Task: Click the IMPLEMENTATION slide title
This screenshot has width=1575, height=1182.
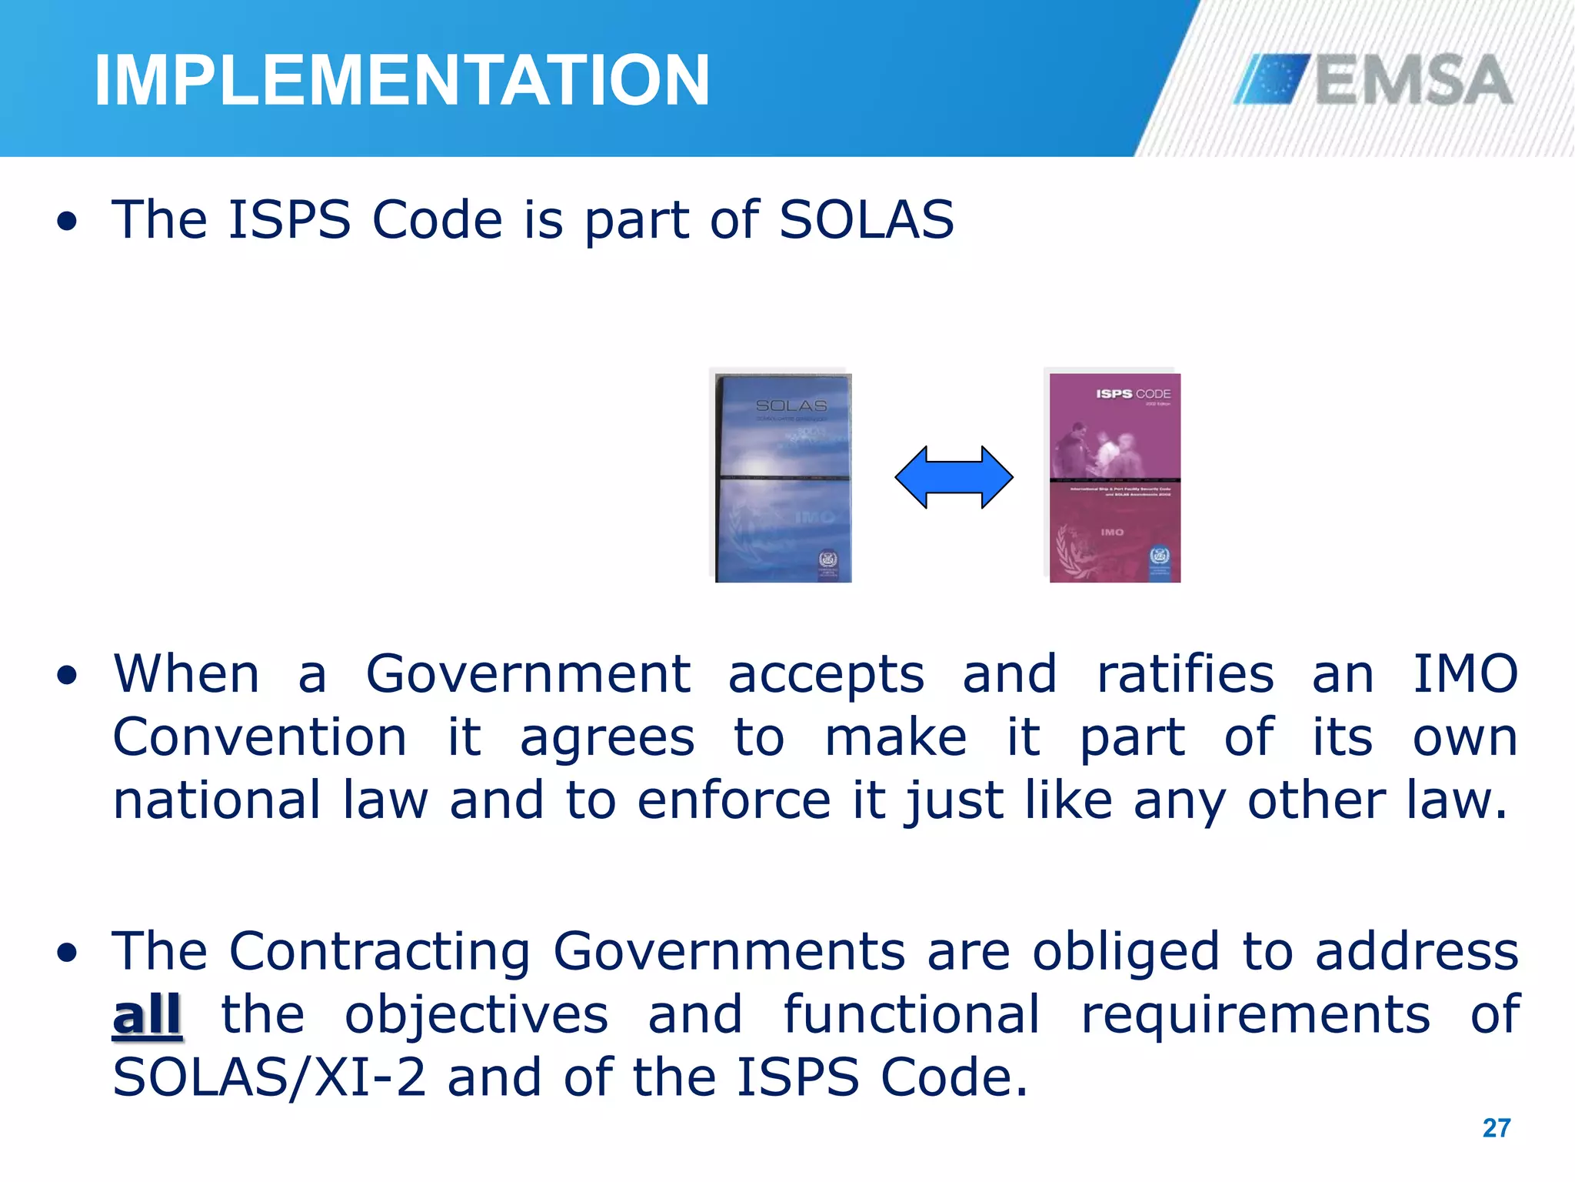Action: [401, 80]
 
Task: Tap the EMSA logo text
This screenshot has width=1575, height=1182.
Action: [1414, 80]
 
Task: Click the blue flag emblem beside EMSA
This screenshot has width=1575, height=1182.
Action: [1273, 79]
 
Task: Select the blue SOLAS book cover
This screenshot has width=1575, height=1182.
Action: [783, 478]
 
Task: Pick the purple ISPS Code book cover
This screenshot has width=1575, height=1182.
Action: [1114, 478]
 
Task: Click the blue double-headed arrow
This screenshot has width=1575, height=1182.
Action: [954, 477]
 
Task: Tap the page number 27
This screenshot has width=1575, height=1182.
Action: [1496, 1128]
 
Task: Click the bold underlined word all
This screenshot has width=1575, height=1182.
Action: [147, 1015]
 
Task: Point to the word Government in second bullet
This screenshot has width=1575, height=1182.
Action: [528, 674]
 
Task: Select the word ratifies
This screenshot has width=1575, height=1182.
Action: [1185, 674]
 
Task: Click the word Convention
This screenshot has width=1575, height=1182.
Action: [260, 737]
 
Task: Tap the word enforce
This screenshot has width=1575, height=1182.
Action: [734, 800]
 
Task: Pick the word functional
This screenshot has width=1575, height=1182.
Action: [912, 1014]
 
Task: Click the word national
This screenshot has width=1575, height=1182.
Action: [217, 800]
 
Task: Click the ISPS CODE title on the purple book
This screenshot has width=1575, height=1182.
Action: [1133, 394]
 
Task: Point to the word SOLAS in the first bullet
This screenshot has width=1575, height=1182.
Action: [867, 220]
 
